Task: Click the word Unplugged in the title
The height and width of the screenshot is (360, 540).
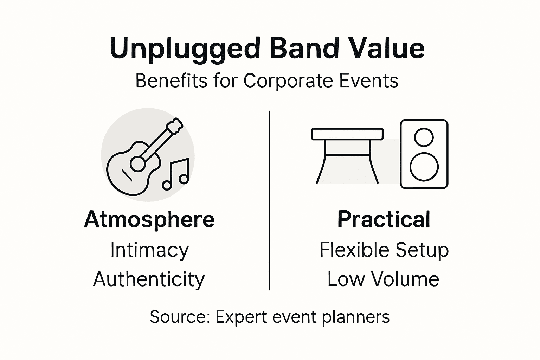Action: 185,49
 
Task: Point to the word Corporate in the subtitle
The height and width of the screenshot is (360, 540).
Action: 288,81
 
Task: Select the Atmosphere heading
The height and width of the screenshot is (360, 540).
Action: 149,219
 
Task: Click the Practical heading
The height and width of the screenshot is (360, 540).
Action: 384,219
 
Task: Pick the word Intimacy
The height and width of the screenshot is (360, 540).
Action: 149,250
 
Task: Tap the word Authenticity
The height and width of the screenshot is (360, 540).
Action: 149,279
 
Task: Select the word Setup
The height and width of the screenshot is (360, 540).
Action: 422,251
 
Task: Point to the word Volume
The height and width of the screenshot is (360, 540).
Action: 405,279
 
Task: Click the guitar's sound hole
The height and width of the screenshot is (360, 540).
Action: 137,163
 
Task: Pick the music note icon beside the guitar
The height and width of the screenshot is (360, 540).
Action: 176,174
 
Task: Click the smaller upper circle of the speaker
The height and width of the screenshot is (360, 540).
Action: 424,137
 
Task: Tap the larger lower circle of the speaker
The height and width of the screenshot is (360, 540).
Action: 424,167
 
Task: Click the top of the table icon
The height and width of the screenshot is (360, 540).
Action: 347,134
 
